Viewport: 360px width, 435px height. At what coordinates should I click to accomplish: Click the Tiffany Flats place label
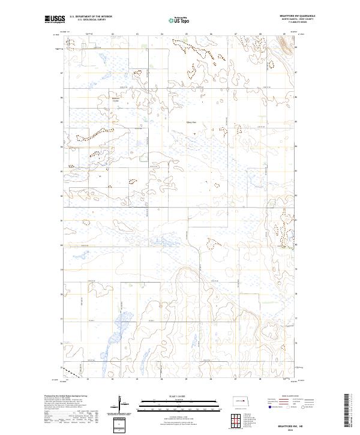click(x=191, y=124)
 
